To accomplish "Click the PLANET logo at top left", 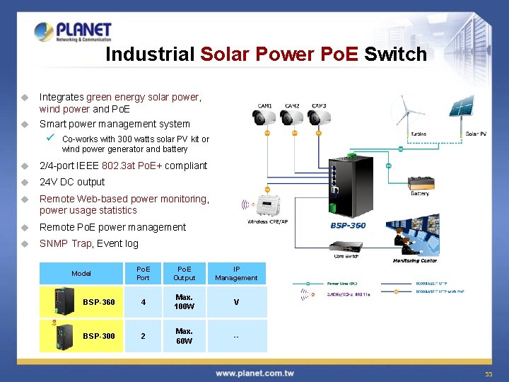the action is pos(73,32).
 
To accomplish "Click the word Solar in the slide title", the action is pos(226,54).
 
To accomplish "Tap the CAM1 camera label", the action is pos(265,106).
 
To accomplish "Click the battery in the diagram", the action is pos(419,182).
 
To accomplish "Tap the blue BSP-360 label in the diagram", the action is pos(348,225).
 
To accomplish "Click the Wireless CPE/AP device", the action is pos(273,206).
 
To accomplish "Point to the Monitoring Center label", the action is pos(415,260).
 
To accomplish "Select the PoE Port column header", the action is pos(143,273).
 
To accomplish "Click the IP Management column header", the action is pos(236,273).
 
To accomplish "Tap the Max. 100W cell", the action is pos(185,302).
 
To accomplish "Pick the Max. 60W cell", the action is pos(185,336).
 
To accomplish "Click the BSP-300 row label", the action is pos(100,336).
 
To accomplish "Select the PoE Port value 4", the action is pos(143,302).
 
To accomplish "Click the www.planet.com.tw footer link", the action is pos(255,373).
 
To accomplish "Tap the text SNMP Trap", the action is pos(66,243).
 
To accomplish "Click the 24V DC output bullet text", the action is pos(72,182).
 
